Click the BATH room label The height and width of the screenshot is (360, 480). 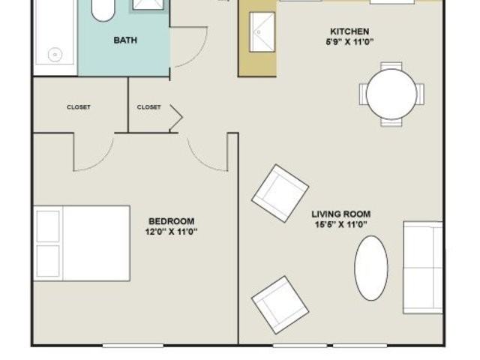click(124, 40)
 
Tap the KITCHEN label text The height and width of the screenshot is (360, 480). click(349, 31)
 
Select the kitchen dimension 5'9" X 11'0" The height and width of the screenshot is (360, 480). click(349, 42)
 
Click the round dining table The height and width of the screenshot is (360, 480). click(391, 93)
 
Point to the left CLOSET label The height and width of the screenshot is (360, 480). click(79, 107)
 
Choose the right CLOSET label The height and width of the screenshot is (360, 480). click(148, 107)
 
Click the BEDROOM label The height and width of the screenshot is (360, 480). click(172, 221)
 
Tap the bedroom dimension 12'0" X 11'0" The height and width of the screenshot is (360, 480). click(172, 232)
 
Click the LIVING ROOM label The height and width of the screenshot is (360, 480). click(341, 214)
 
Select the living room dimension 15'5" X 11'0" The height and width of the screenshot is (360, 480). click(341, 224)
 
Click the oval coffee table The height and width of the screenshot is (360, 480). click(371, 268)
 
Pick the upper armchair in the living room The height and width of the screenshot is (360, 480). click(280, 193)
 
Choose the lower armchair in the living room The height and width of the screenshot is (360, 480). click(280, 304)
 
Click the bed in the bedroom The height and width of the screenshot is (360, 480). click(82, 243)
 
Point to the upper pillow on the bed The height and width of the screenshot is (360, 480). click(47, 226)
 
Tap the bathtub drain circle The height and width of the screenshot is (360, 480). click(54, 54)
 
